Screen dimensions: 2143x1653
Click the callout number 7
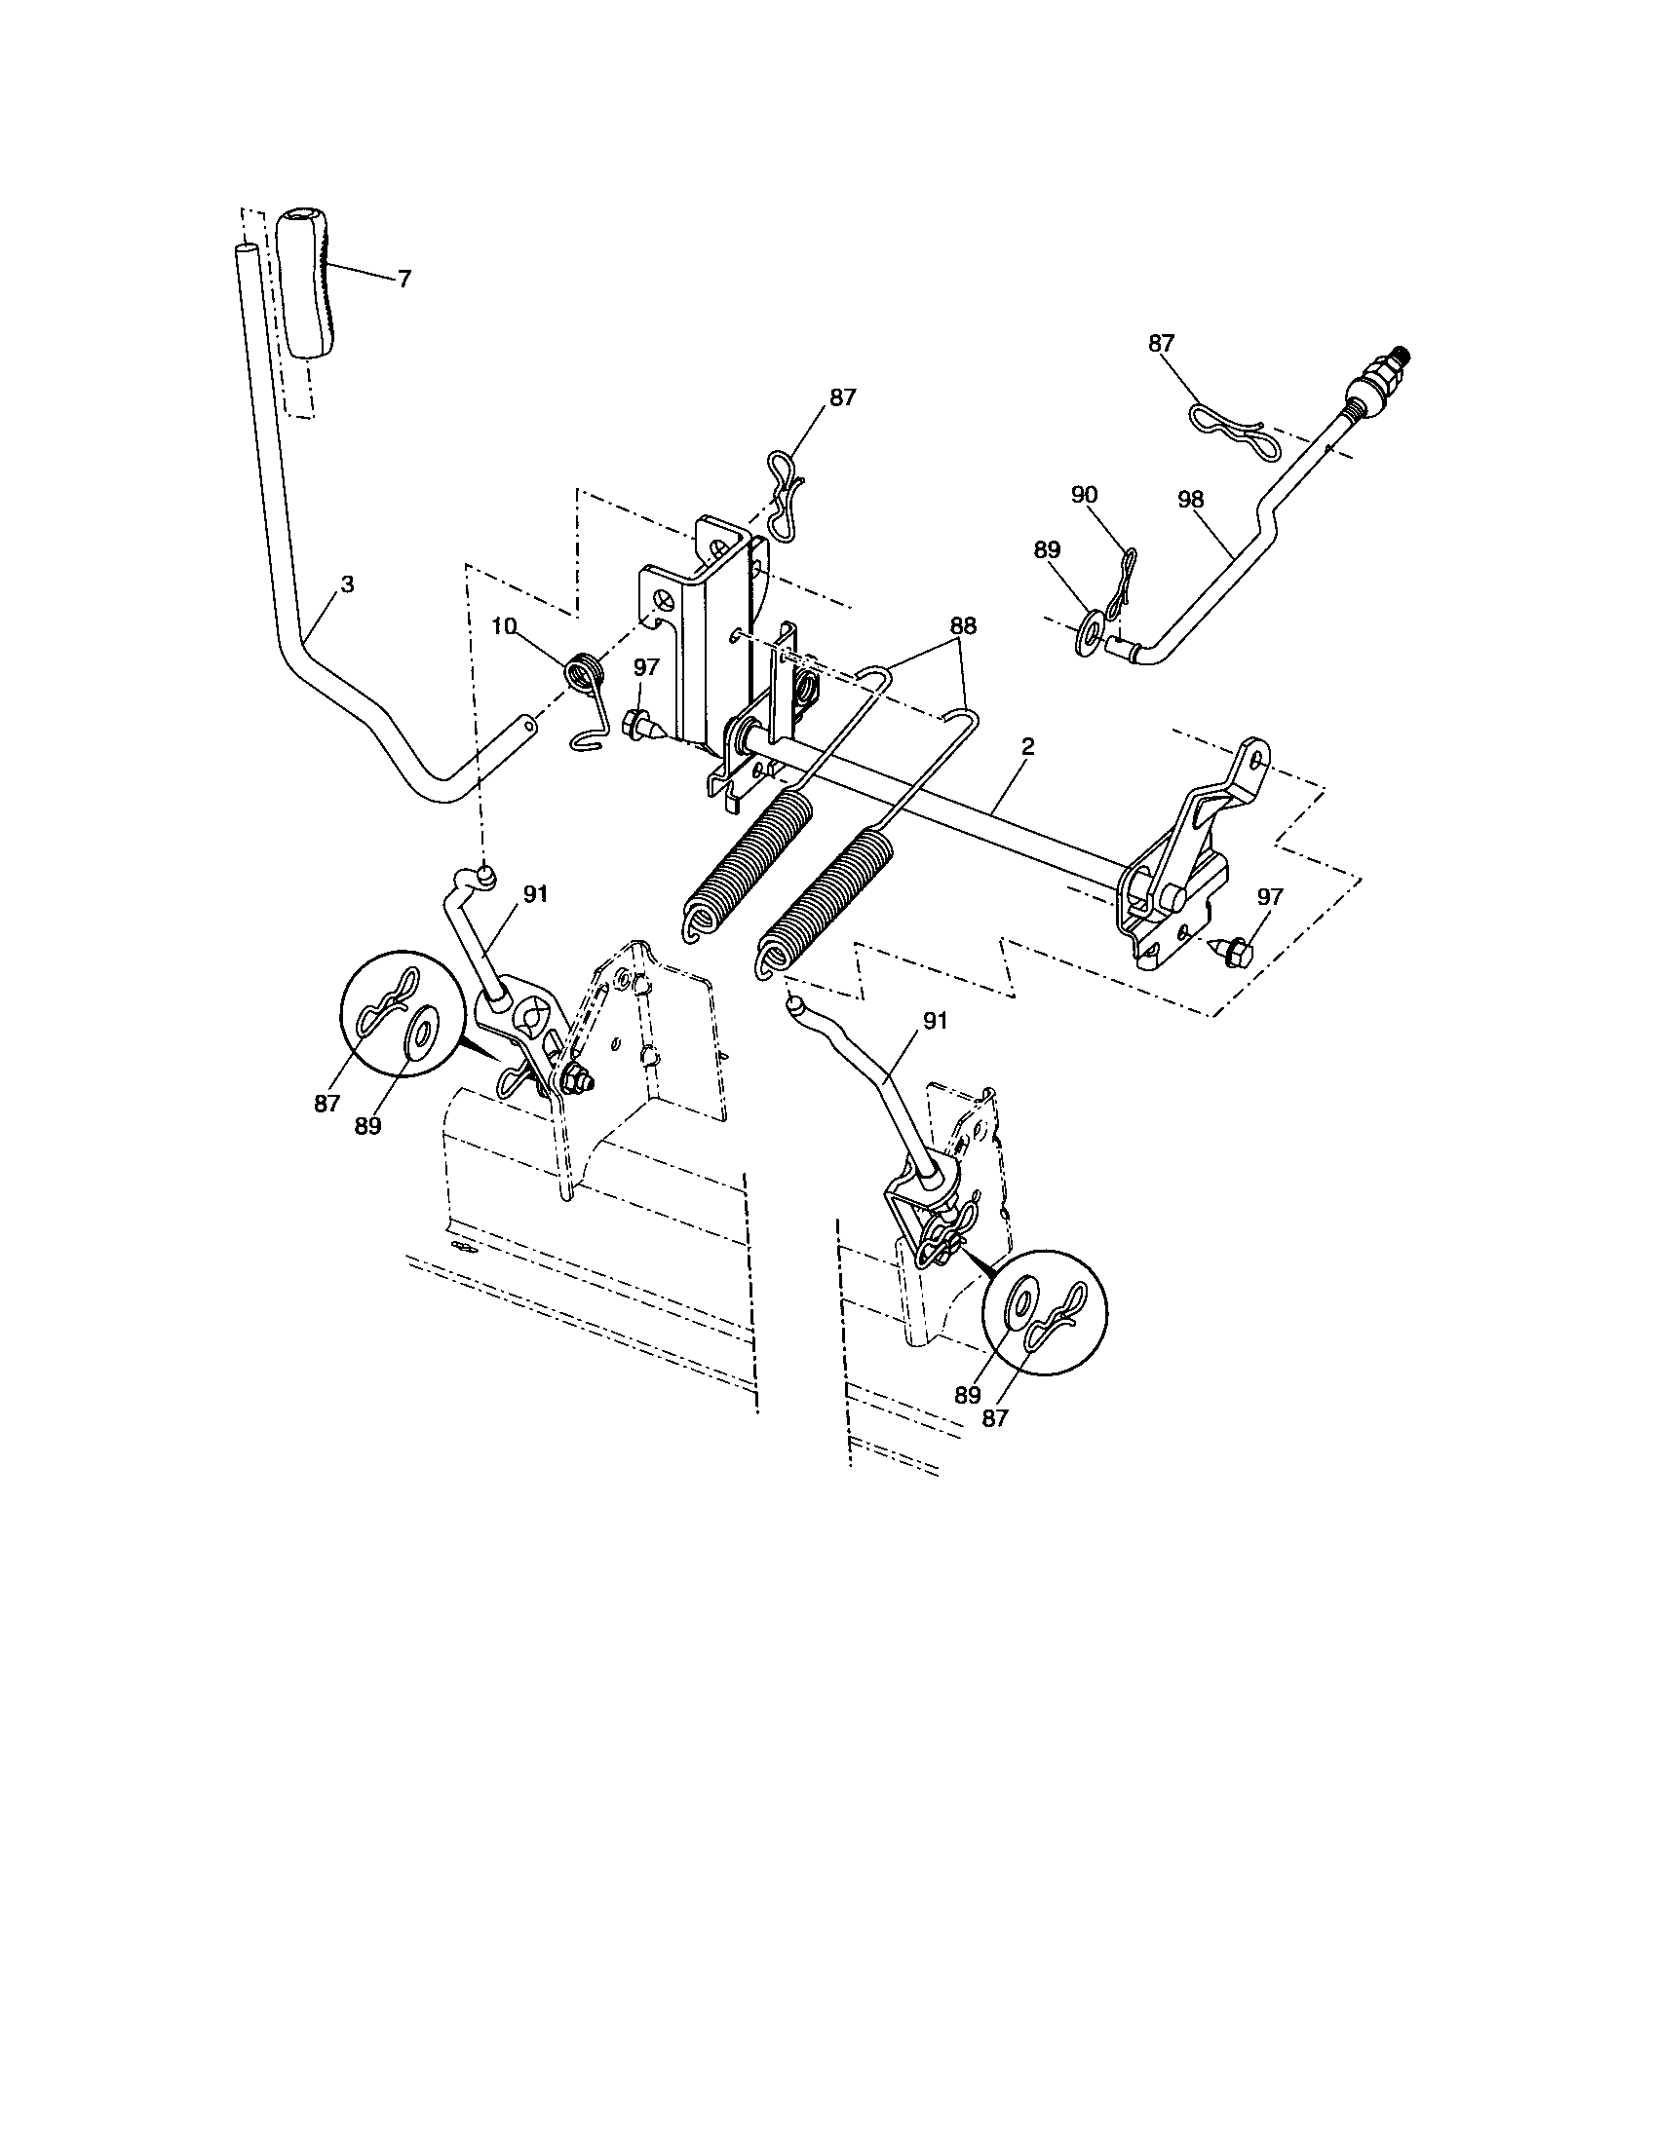(x=404, y=280)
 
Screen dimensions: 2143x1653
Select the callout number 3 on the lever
(x=347, y=584)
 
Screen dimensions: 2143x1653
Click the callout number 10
(x=504, y=626)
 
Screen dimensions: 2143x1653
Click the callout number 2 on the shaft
(x=1027, y=747)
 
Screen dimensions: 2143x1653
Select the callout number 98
(x=1190, y=499)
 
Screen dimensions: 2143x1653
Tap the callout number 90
(x=1084, y=496)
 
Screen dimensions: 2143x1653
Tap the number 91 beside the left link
(x=535, y=894)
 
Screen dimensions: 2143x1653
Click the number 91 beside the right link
(x=935, y=1022)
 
